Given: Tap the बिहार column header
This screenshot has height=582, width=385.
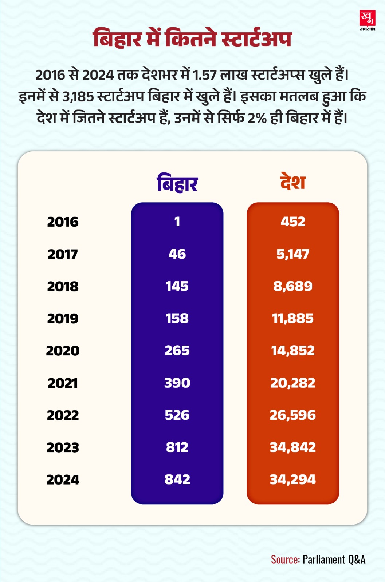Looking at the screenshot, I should coord(177,183).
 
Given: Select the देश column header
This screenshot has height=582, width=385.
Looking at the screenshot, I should coord(292,182).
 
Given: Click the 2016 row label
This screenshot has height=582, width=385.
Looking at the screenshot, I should coord(63,222).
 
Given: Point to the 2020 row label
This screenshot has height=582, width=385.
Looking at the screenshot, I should coord(63,351).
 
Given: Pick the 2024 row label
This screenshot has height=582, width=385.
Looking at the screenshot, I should coord(63,479).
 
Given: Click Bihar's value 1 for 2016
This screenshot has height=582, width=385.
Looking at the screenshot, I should coord(177,222).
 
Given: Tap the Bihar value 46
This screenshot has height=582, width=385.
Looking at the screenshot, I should coord(177,254).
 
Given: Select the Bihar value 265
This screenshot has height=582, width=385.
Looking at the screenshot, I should coord(177,350).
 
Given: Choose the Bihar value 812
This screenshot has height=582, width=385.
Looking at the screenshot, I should coord(177,447).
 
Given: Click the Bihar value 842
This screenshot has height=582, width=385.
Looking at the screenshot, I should coord(177,479).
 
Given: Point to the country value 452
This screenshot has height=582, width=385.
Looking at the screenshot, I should coord(293,222).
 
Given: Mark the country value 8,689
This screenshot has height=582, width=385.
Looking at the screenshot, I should coord(293,286).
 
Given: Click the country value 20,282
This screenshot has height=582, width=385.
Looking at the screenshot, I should coord(293,383).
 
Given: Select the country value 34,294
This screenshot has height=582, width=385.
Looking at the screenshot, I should coord(293,479).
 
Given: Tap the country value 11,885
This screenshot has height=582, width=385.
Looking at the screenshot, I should coord(293,318).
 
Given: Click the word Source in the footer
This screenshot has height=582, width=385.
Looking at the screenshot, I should coord(285,559).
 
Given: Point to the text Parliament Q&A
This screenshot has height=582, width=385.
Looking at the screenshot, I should coord(334,559).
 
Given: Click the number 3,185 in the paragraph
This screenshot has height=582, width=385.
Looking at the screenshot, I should coord(78,97).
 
